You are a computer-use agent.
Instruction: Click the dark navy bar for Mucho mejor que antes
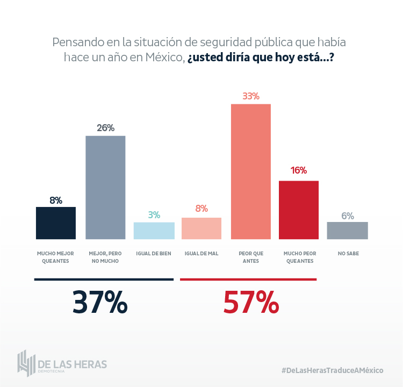(x=55, y=223)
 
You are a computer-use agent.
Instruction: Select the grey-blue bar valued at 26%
(x=105, y=187)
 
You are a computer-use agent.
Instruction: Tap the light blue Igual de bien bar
(x=154, y=230)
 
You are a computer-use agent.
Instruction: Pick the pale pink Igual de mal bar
(x=201, y=228)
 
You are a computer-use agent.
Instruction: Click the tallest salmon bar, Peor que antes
(x=250, y=171)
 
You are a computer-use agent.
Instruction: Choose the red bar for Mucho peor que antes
(x=299, y=210)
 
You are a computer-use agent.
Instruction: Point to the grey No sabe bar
(x=348, y=230)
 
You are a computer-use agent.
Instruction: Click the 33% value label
(x=251, y=96)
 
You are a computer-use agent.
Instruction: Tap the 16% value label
(x=299, y=170)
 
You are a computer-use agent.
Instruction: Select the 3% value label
(x=154, y=214)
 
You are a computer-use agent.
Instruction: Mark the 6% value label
(x=348, y=216)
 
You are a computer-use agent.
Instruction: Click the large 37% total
(x=100, y=303)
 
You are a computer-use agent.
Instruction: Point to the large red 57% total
(x=251, y=303)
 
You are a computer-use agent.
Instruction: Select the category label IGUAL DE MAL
(x=201, y=253)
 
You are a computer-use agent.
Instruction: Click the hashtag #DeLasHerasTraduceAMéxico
(x=332, y=370)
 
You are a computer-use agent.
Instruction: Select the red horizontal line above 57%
(x=248, y=279)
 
